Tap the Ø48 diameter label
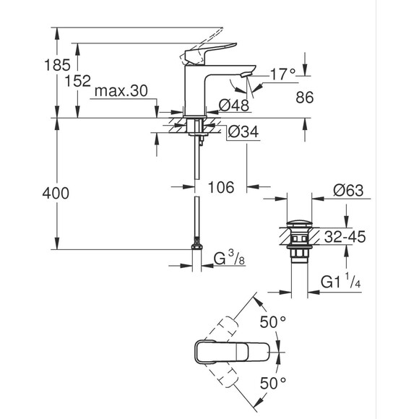[x=235, y=106]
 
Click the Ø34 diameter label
[x=243, y=131]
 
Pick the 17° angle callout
[x=282, y=74]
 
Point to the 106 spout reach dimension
[x=222, y=188]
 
